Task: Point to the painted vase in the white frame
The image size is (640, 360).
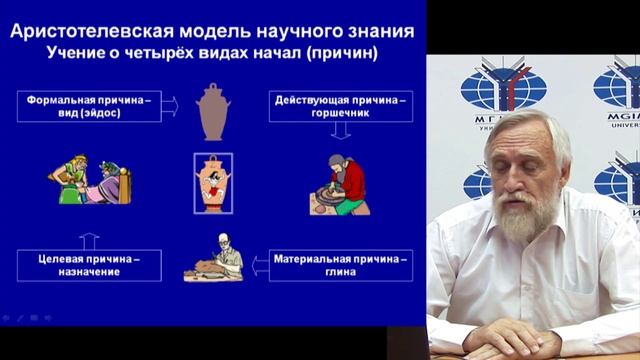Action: click(213, 183)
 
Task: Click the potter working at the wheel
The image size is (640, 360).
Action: click(340, 186)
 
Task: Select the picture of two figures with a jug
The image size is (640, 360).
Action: click(89, 180)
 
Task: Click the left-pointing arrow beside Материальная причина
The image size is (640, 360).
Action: click(258, 266)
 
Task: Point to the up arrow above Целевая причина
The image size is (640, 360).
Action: click(88, 240)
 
